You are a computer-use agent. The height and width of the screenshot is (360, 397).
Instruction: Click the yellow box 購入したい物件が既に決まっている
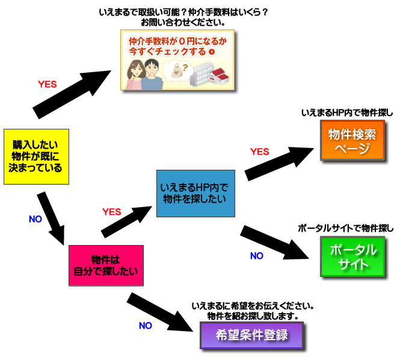click(37, 156)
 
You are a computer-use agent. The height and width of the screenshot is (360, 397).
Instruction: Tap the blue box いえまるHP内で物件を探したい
click(195, 193)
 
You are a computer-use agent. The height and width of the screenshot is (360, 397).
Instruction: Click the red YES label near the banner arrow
click(47, 85)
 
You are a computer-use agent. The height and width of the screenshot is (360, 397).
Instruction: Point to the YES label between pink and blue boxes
click(112, 211)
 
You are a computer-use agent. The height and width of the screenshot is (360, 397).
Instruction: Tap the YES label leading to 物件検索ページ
click(259, 151)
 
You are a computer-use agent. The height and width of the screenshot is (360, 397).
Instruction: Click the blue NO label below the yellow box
click(35, 219)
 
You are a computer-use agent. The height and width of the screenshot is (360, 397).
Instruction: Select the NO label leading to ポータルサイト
click(256, 256)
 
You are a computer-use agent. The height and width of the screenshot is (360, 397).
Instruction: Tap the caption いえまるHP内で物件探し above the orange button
click(347, 113)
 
